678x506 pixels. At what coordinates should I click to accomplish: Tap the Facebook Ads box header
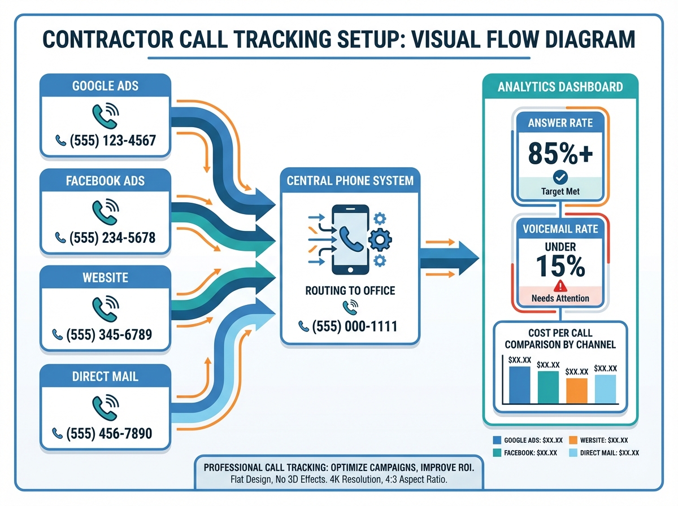coord(105,181)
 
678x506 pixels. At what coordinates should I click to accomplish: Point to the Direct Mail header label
coord(105,376)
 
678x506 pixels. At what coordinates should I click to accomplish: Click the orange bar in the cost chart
coord(577,390)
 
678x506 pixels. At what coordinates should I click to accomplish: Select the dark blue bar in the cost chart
coord(520,385)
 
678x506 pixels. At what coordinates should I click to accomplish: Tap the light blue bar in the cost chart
coord(605,389)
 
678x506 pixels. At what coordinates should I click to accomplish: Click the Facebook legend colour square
coord(498,452)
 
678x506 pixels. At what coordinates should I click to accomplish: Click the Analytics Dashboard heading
coord(560,87)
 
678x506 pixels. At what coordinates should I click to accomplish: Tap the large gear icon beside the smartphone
coord(379,239)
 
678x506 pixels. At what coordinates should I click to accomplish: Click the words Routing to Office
coord(350,291)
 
